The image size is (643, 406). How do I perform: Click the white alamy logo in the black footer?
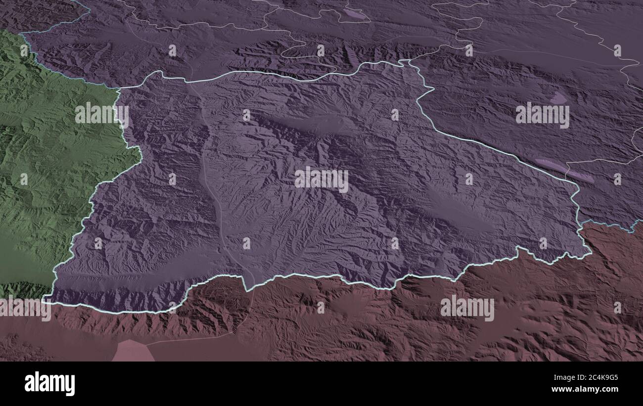tap(49, 384)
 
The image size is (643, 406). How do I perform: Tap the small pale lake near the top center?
tap(356, 14)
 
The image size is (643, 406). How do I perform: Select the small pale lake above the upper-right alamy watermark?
tap(558, 98)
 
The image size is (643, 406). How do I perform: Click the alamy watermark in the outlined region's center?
tap(321, 180)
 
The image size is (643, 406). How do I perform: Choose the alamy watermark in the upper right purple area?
tap(542, 115)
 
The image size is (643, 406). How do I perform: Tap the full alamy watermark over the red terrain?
tap(467, 308)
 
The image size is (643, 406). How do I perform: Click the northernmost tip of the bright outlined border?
tap(408, 61)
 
